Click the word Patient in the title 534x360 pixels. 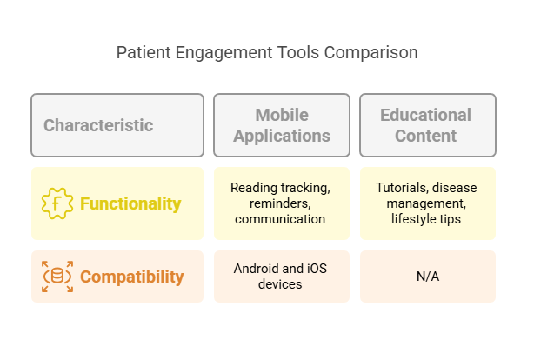(143, 53)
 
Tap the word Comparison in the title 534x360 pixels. (370, 53)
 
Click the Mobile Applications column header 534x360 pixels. (281, 125)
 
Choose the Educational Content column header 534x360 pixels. (426, 125)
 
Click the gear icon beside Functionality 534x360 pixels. (57, 203)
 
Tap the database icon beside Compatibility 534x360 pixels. (57, 277)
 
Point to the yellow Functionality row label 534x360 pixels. (130, 203)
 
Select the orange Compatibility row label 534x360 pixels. (131, 277)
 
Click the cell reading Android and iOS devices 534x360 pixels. (281, 277)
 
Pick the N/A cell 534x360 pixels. (426, 277)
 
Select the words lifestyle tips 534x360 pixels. (426, 219)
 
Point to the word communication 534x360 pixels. (281, 219)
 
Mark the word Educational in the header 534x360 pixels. (426, 115)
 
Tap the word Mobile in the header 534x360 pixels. (281, 115)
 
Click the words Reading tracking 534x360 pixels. (281, 188)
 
